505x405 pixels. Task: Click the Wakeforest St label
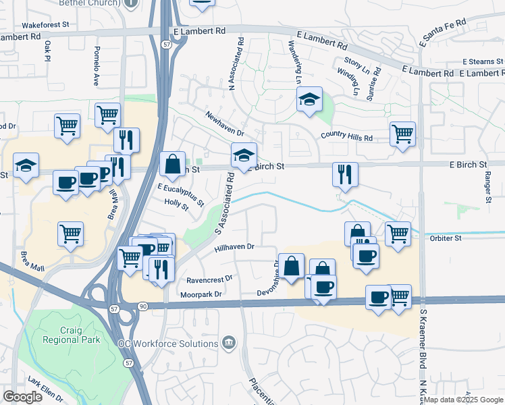click(x=46, y=24)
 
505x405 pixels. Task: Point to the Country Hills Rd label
click(x=346, y=136)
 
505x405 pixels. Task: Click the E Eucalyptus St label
click(x=180, y=193)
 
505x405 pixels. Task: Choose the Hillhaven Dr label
click(x=234, y=248)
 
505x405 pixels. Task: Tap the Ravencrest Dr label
click(x=209, y=279)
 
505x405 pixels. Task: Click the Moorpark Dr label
click(x=201, y=294)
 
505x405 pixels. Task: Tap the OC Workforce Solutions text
click(x=168, y=344)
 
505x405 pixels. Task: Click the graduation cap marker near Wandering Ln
click(x=309, y=101)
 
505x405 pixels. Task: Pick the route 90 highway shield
click(x=142, y=306)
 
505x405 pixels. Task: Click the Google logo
click(x=22, y=397)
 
